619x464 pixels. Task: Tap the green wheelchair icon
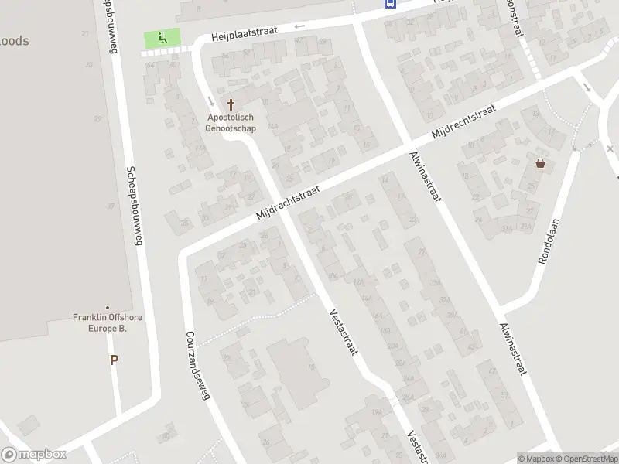click(162, 37)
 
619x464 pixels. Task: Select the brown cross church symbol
click(230, 104)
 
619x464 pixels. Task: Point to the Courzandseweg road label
click(198, 366)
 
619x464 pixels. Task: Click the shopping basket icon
click(540, 163)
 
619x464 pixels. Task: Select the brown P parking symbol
click(114, 360)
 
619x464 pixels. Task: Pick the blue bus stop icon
click(389, 3)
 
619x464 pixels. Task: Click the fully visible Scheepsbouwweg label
click(135, 206)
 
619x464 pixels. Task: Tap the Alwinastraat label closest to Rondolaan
click(513, 350)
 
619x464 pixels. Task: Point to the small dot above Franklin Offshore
click(108, 308)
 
